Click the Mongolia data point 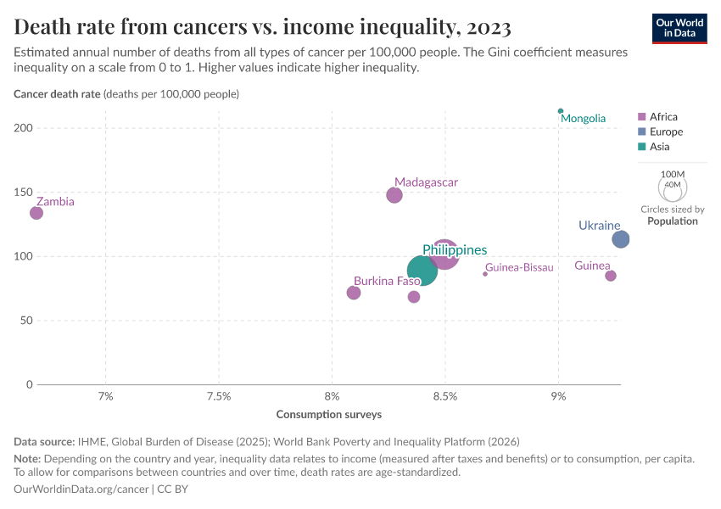tap(561, 111)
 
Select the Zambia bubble tap(36, 212)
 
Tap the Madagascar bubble tap(394, 195)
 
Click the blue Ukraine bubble tap(621, 239)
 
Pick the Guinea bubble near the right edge tap(611, 276)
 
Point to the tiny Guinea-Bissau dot tap(485, 273)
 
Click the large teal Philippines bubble tap(422, 271)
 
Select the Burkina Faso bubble tap(354, 293)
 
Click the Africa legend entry tap(662, 117)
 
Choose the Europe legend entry tap(665, 131)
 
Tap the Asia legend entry tap(659, 147)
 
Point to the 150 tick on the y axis tap(22, 193)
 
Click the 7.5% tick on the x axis tap(219, 396)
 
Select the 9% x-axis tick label tap(558, 396)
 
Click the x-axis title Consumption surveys tap(329, 415)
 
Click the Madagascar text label tap(426, 182)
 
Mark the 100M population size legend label tap(672, 174)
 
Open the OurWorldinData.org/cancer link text tap(81, 489)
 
